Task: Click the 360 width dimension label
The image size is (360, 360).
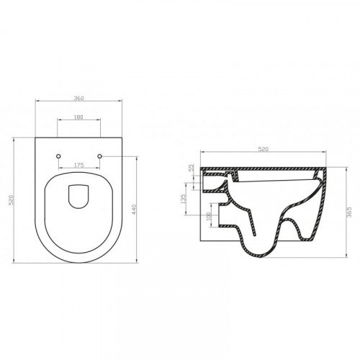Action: tap(78, 98)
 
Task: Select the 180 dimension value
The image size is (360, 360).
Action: tap(78, 117)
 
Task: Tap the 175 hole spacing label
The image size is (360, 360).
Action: tap(78, 165)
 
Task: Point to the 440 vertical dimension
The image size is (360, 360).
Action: tap(134, 210)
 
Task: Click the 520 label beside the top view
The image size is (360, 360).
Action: tap(11, 200)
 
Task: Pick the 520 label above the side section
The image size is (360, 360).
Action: tap(263, 149)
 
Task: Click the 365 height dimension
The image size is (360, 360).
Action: tap(349, 212)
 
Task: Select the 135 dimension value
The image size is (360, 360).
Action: tap(184, 199)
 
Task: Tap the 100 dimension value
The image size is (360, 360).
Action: tap(208, 216)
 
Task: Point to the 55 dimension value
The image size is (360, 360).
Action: tap(191, 168)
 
